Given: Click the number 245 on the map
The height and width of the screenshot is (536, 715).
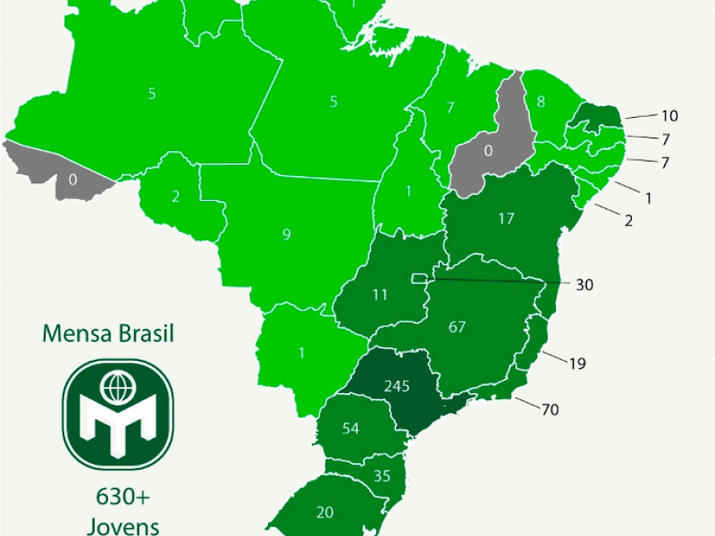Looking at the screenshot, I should (x=396, y=386).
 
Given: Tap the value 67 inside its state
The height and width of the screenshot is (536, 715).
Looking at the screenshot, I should (x=458, y=327).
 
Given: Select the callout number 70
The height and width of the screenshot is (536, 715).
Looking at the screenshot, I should (x=550, y=409).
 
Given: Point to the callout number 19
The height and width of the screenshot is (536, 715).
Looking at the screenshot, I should (x=577, y=364).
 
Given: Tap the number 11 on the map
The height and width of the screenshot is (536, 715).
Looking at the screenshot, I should (x=379, y=294).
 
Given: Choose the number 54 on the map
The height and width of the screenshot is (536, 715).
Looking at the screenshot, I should (x=350, y=429).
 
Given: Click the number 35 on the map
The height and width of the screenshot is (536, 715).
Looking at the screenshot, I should (x=382, y=476).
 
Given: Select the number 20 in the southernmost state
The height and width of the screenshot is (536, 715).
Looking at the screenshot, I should (x=324, y=512).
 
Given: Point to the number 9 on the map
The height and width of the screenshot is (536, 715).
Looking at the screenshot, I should (x=286, y=235).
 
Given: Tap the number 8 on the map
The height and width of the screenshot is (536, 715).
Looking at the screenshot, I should (x=541, y=101).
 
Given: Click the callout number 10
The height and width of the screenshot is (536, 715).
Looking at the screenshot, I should (x=670, y=115).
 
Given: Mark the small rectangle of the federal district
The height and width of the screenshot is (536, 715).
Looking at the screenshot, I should (x=418, y=279).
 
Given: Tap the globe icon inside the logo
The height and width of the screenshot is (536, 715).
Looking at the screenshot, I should (x=114, y=388).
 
